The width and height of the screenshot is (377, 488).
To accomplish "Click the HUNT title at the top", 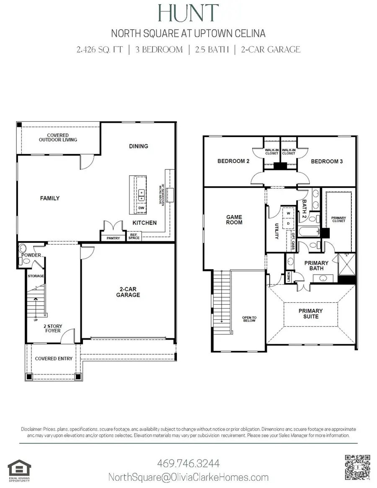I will [x=188, y=13].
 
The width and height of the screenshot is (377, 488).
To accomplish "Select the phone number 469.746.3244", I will [x=188, y=464].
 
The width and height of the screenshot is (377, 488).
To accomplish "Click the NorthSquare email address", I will [x=188, y=477].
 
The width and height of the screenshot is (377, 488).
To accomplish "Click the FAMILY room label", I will [x=50, y=198].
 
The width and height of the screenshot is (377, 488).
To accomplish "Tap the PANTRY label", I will [x=113, y=238].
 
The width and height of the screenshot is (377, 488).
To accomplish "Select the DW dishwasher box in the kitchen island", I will [x=141, y=208].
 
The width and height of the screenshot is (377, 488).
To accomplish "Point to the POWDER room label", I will [x=32, y=255].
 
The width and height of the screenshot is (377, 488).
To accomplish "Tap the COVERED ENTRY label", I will [x=53, y=358].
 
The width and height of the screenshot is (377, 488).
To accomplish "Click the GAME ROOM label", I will [x=234, y=220].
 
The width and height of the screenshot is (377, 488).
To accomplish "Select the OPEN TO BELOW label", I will [x=249, y=320].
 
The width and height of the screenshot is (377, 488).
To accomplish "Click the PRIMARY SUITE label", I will [x=311, y=314].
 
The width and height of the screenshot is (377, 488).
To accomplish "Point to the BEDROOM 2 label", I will [x=233, y=161].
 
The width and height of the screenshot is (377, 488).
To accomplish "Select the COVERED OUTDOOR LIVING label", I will [x=58, y=137].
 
